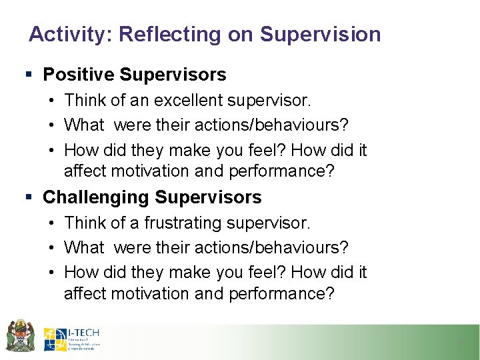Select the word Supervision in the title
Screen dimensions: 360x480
coord(320,34)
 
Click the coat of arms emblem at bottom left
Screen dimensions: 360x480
coord(20,335)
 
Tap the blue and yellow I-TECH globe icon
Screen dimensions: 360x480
coord(55,339)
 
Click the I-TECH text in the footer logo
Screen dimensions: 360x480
coord(83,331)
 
